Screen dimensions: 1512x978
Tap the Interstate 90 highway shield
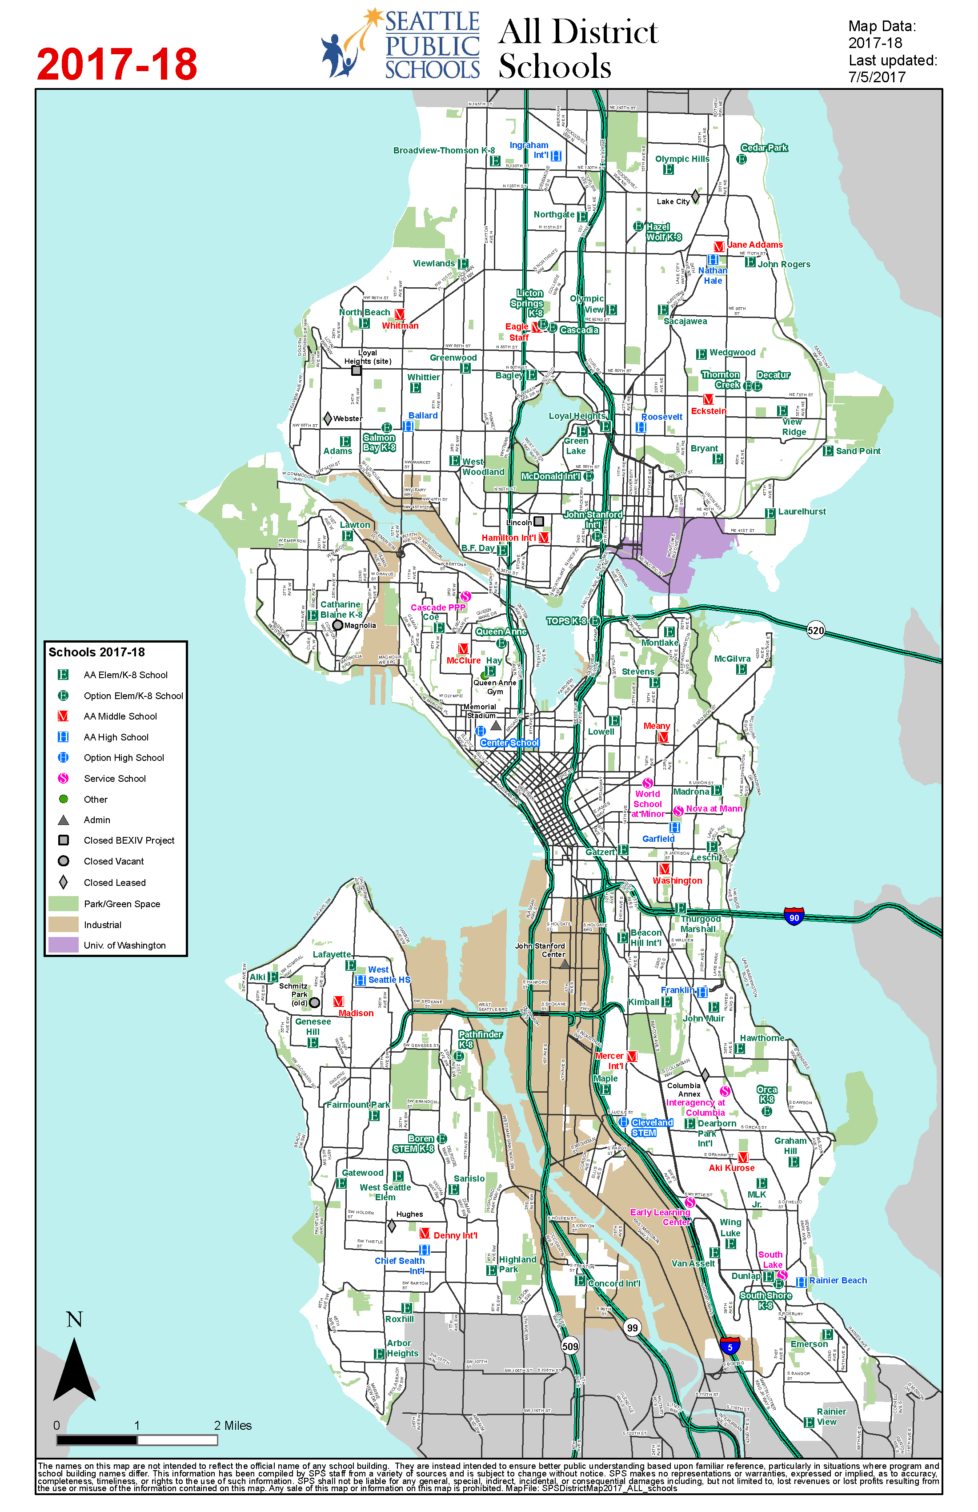(x=794, y=916)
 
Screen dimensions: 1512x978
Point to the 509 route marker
(x=570, y=1346)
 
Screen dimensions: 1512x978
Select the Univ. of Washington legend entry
(x=124, y=945)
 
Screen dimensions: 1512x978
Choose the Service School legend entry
(x=114, y=778)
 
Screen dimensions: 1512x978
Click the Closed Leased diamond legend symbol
(x=64, y=882)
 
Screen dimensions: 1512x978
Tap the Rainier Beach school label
(x=838, y=1280)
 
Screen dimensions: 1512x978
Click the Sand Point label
(x=858, y=451)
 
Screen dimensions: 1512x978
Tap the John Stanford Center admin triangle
(x=564, y=964)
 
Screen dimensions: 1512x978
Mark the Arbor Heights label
(x=402, y=1348)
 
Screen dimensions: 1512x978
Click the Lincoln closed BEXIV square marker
(x=538, y=521)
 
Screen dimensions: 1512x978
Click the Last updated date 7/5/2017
(x=876, y=77)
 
